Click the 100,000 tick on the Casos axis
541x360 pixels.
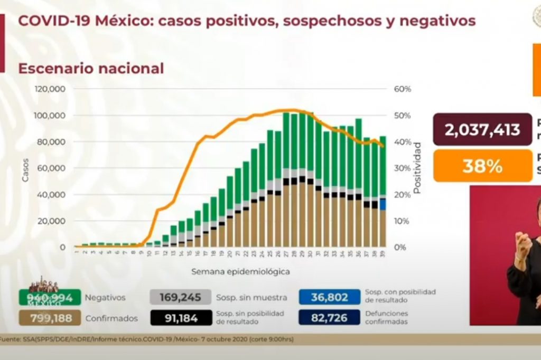point(50,116)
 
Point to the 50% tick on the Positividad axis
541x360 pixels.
point(403,116)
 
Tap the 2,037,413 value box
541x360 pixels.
point(482,129)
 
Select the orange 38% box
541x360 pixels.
point(482,166)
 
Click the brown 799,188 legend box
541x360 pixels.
point(50,318)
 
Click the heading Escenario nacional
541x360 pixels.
point(91,69)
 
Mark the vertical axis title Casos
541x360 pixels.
point(25,170)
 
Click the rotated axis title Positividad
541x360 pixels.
point(417,167)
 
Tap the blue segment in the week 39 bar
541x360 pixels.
point(382,204)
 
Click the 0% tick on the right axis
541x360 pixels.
point(401,247)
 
